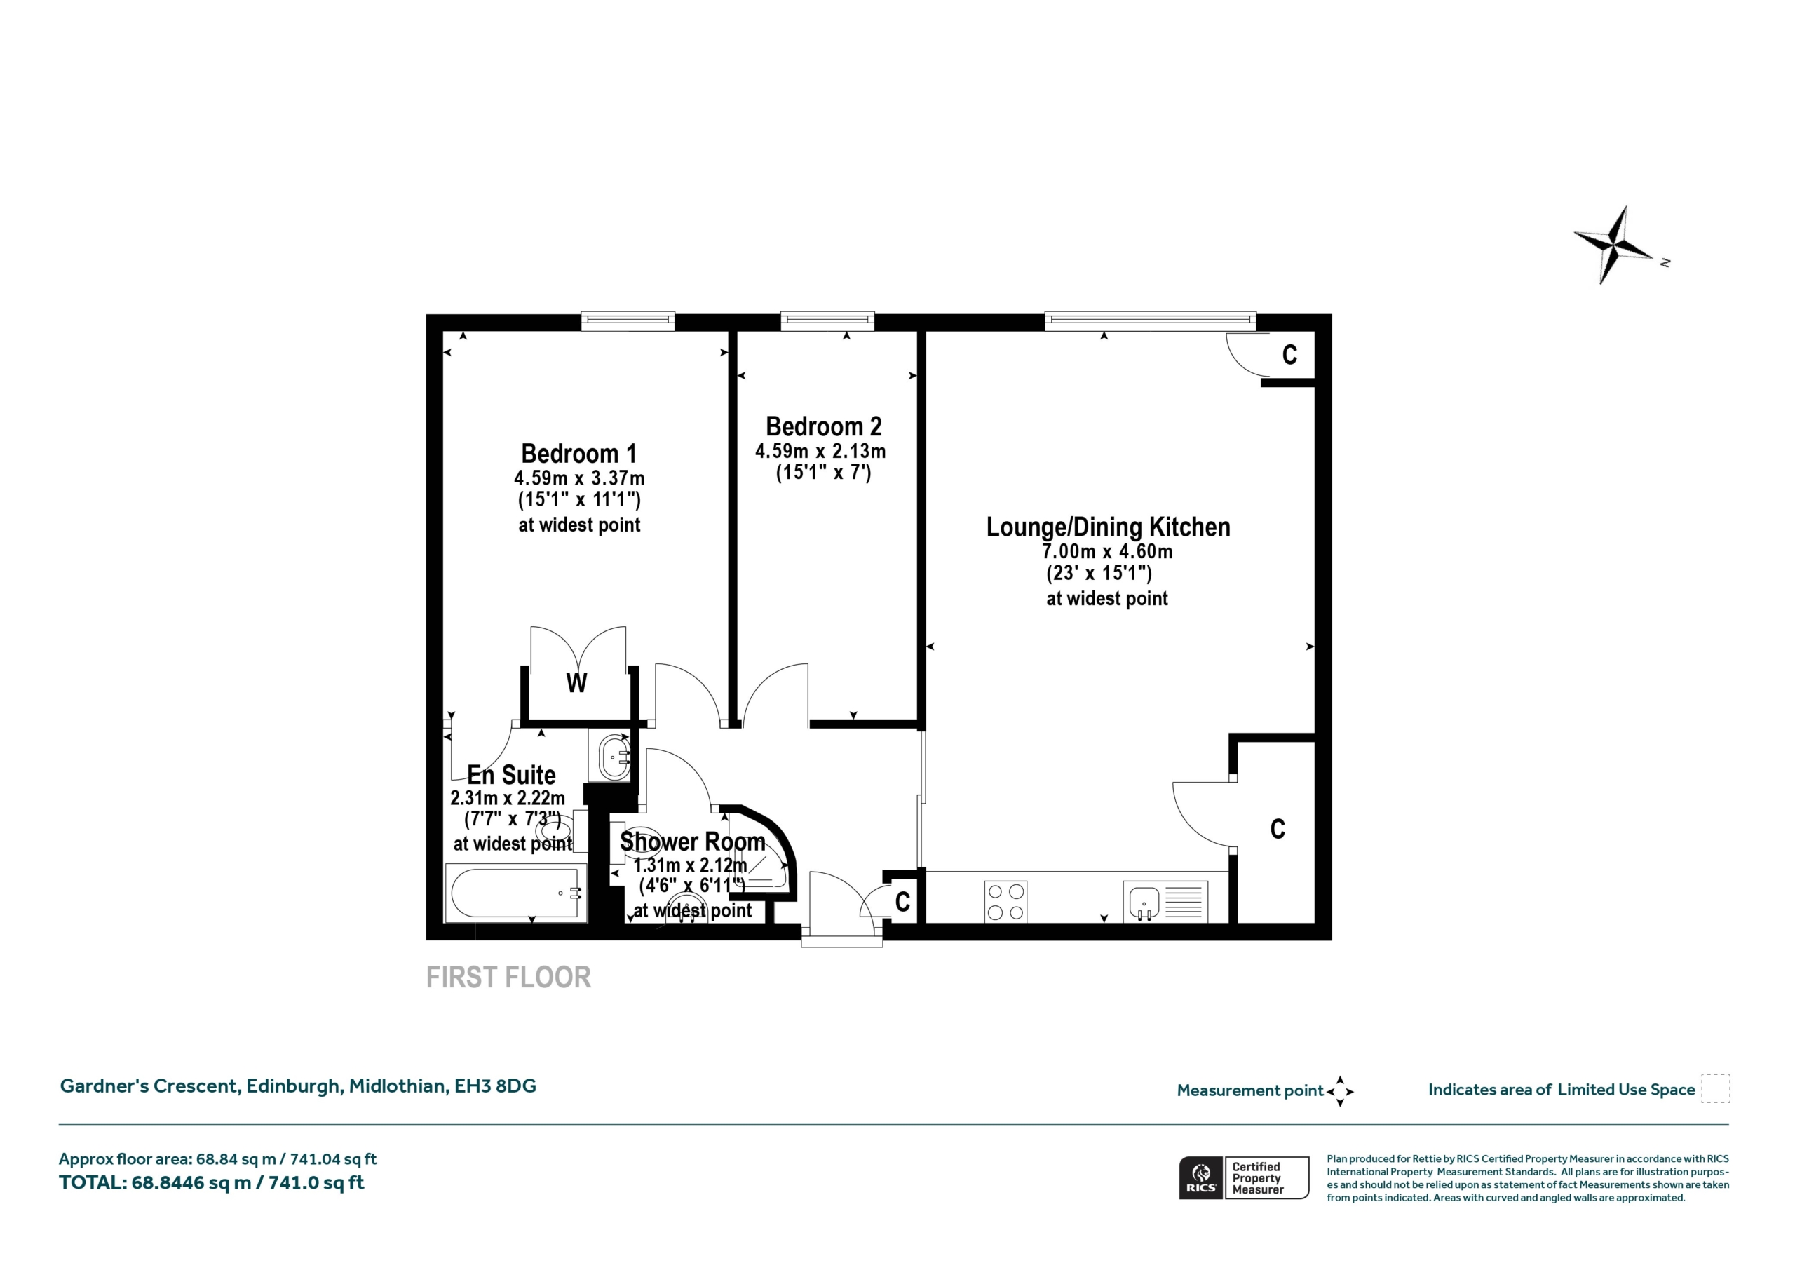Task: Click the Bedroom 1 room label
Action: [578, 454]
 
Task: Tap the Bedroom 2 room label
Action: [823, 426]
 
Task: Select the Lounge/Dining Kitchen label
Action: [1108, 527]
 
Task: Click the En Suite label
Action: [511, 775]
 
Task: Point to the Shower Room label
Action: [692, 842]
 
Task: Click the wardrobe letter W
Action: [576, 684]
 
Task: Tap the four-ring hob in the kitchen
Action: [1005, 902]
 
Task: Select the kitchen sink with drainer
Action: [1165, 902]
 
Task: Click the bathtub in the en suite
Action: [515, 893]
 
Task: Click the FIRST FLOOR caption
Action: [508, 978]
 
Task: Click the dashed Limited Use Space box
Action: [1715, 1088]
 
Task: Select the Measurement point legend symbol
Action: [1340, 1091]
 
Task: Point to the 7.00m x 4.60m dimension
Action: [1107, 551]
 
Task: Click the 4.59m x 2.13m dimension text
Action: [820, 451]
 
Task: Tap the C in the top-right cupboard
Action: [1290, 356]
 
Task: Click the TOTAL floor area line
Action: [212, 1182]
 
